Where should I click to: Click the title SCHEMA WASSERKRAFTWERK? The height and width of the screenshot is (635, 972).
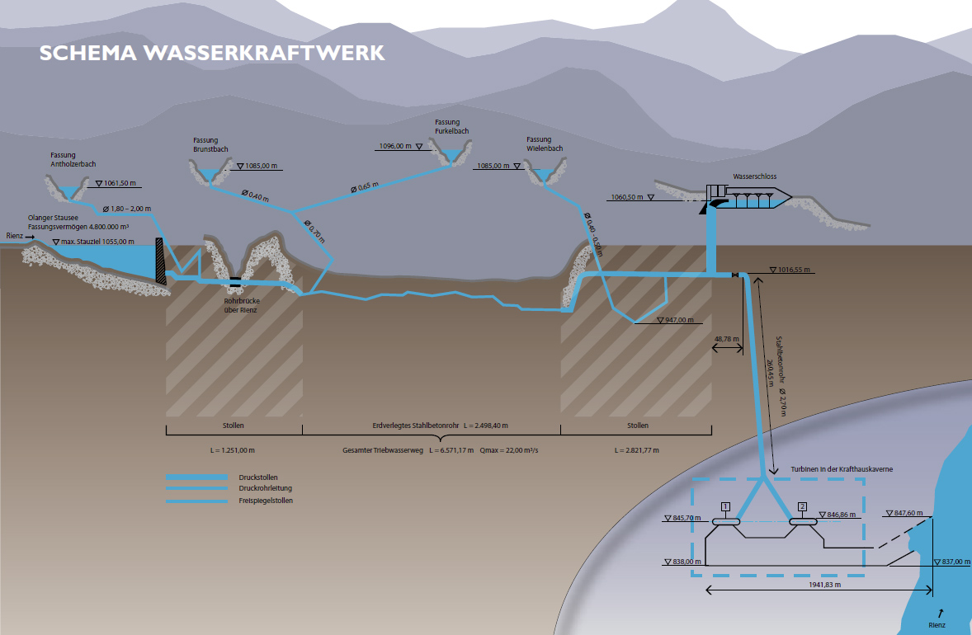click(212, 53)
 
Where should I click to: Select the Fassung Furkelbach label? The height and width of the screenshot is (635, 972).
click(448, 126)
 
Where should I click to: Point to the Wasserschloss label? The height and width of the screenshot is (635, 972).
click(754, 176)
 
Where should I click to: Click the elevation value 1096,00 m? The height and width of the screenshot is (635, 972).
click(395, 146)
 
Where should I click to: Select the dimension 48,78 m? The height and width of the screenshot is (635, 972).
click(726, 338)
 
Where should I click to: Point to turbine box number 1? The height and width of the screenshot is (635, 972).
click(725, 506)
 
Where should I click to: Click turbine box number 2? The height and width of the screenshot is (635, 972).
click(802, 506)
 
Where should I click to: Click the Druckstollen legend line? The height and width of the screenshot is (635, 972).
click(196, 477)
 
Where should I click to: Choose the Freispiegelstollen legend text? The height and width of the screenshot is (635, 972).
click(266, 501)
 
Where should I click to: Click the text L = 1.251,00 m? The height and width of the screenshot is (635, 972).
click(234, 451)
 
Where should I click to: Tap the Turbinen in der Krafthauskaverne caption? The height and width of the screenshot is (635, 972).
click(842, 468)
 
